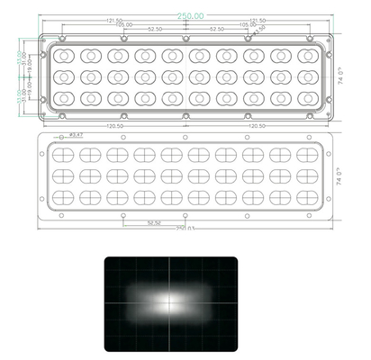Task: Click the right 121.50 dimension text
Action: click(256, 20)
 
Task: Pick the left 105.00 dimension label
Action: click(122, 26)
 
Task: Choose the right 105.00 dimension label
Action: click(246, 26)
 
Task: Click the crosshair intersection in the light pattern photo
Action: click(169, 303)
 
